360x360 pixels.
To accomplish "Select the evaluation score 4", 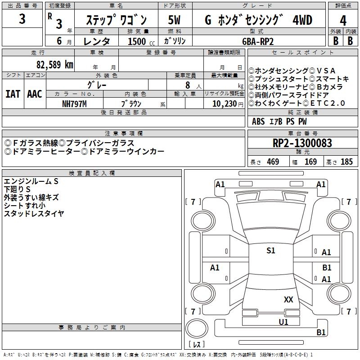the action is click(x=343, y=20).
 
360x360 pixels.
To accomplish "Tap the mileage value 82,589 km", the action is click(x=55, y=64).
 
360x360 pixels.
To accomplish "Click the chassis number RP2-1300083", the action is click(x=302, y=143).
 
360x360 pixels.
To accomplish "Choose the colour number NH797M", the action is click(x=74, y=103).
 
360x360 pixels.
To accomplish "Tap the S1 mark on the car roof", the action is click(x=270, y=251).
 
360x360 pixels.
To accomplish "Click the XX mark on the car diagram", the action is click(x=288, y=299).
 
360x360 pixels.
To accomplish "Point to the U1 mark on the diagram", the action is click(x=283, y=322).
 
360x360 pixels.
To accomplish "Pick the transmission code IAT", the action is click(x=13, y=94).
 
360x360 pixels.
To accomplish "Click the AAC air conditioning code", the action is click(x=35, y=94).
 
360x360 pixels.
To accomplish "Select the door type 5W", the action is click(x=175, y=20).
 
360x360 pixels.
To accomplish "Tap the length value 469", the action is click(x=273, y=162).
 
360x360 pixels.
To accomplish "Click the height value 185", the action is click(x=346, y=162).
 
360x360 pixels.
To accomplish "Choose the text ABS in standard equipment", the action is click(x=258, y=121).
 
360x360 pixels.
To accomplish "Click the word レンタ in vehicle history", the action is click(x=97, y=41).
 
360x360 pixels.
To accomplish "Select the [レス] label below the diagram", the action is click(x=197, y=345).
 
